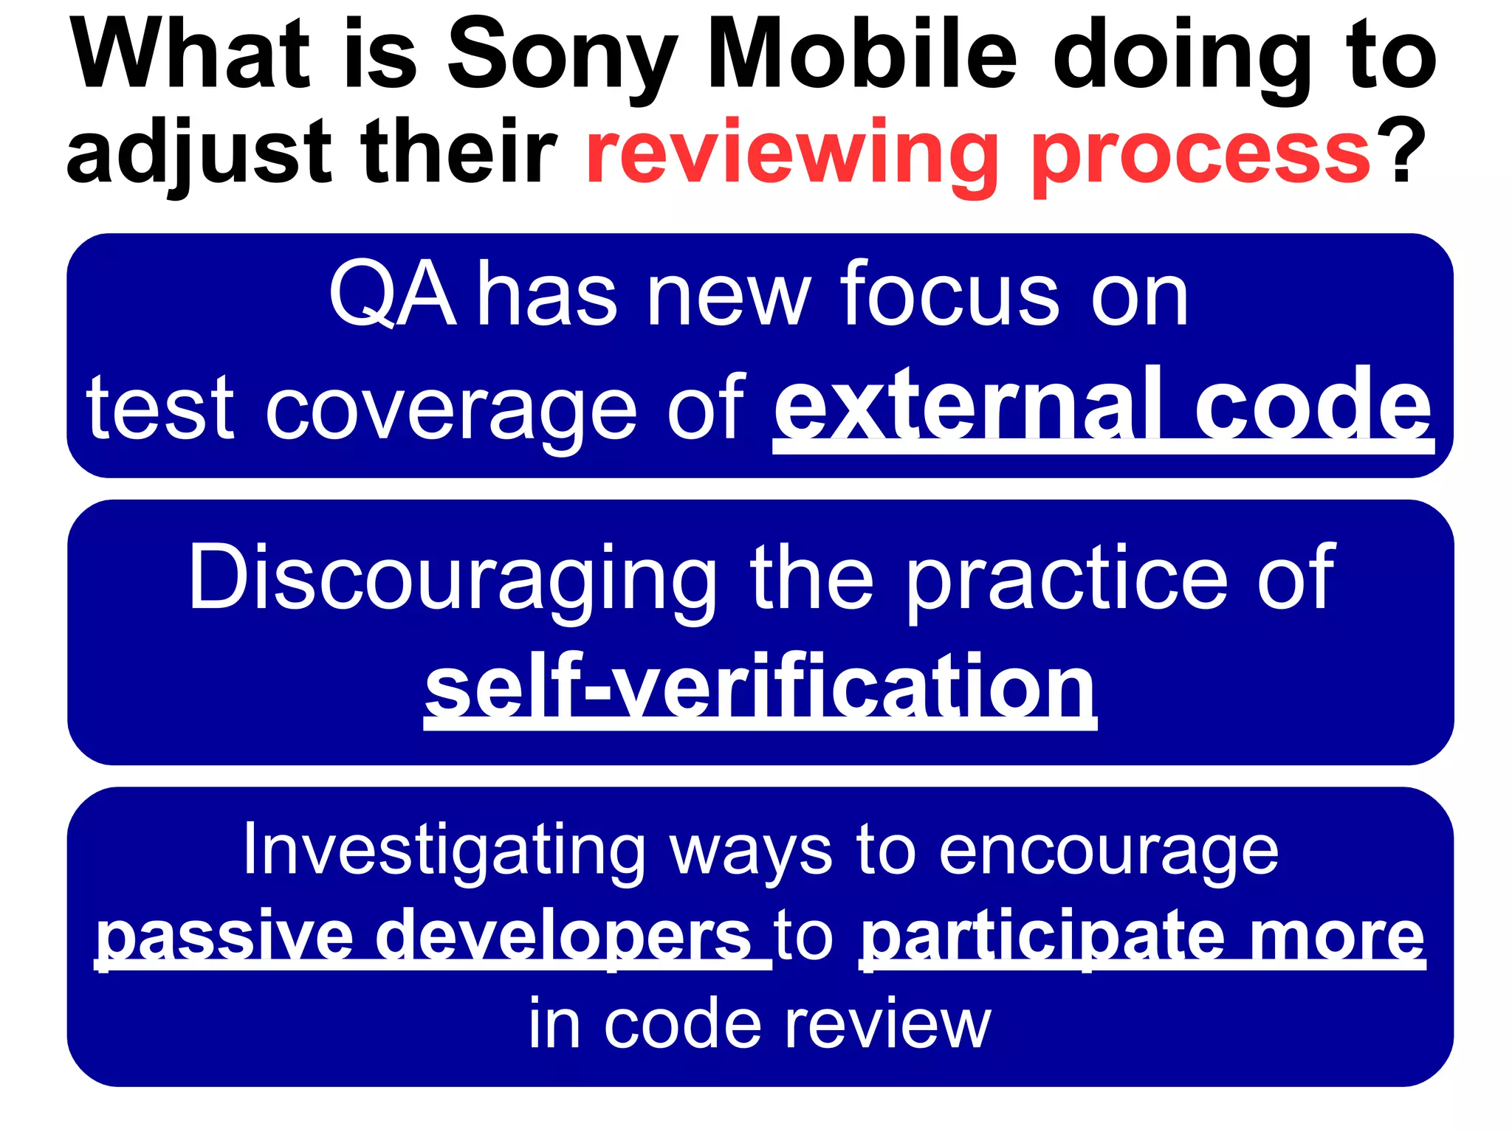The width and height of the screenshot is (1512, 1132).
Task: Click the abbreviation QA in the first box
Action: coord(392,295)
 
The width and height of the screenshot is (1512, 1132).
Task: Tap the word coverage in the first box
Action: coord(450,410)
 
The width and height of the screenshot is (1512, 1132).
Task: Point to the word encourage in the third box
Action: coord(1108,852)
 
